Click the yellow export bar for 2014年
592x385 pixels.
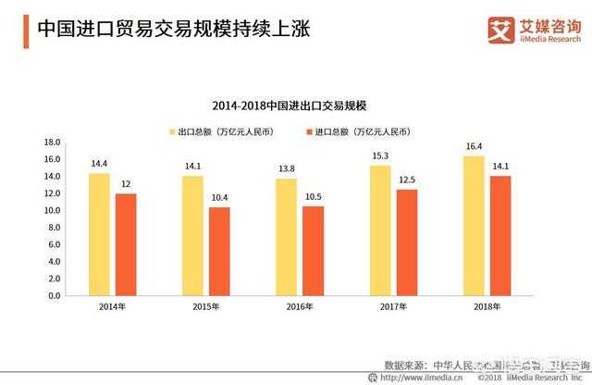click(99, 234)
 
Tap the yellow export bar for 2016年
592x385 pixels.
click(286, 237)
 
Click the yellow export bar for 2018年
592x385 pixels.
click(473, 226)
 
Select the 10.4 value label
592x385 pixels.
click(219, 197)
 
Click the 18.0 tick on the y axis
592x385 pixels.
click(52, 143)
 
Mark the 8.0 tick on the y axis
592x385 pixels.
click(53, 228)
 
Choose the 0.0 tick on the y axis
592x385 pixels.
click(53, 296)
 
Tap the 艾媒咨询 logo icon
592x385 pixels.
click(499, 30)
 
